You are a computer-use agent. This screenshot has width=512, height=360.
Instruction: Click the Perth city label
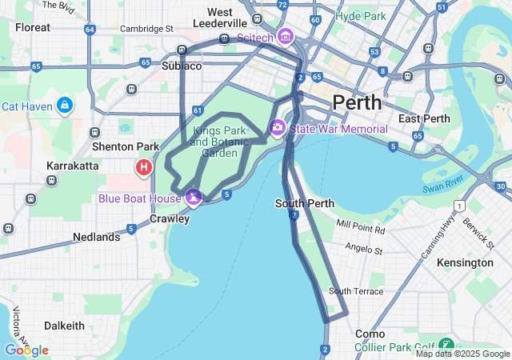(x=357, y=102)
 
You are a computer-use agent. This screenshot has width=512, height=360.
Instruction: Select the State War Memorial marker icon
(x=278, y=128)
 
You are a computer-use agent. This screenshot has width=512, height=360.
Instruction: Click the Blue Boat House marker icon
(x=193, y=197)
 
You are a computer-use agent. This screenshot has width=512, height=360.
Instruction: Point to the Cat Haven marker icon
(x=65, y=106)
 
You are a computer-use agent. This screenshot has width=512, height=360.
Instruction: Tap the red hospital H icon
(x=144, y=167)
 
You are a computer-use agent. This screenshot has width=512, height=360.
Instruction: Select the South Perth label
(x=304, y=203)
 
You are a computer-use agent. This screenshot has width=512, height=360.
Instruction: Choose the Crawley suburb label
(x=170, y=218)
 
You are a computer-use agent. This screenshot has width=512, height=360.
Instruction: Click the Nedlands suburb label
(x=96, y=237)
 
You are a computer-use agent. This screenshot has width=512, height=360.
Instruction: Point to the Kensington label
(x=465, y=262)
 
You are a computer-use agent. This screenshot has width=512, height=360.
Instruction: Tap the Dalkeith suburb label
(x=64, y=326)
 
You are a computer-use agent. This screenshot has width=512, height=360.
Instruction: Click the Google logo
(x=26, y=350)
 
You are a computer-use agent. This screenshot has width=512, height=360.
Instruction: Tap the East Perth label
(x=421, y=119)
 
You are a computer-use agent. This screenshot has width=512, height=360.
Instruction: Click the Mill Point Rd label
(x=361, y=230)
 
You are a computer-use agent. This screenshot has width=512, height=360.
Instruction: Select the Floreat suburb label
(x=32, y=27)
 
